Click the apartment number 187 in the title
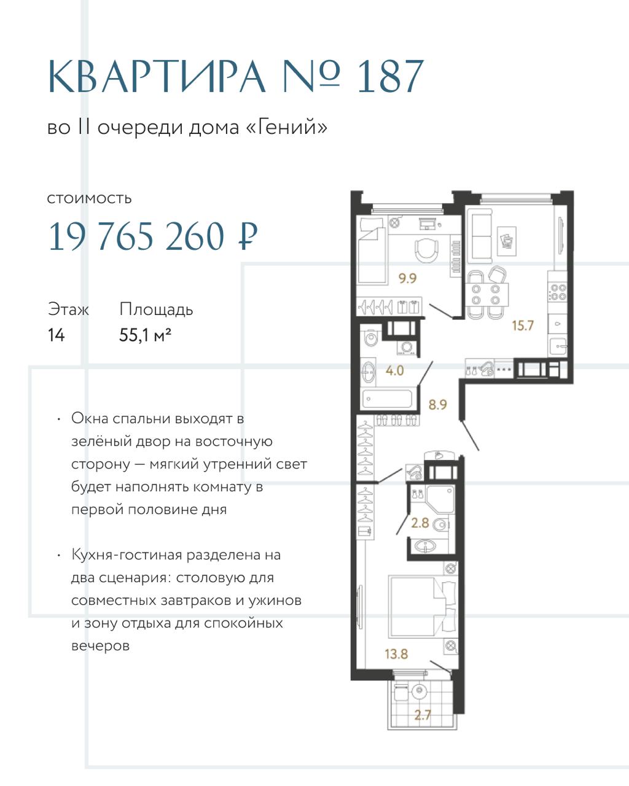pos(390,77)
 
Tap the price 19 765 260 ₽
pos(153,236)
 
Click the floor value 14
pos(57,335)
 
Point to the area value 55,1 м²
pos(145,335)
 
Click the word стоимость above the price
pos(89,198)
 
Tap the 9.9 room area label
pos(407,278)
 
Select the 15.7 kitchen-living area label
pos(523,325)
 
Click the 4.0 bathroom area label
pos(395,371)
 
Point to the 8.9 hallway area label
pos(438,405)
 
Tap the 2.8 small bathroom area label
pos(420,523)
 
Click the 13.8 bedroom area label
pos(396,654)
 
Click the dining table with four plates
pos(486,295)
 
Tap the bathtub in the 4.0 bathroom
pos(388,399)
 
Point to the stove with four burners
pos(557,292)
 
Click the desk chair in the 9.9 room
pos(426,250)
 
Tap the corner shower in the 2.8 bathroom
pos(440,499)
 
